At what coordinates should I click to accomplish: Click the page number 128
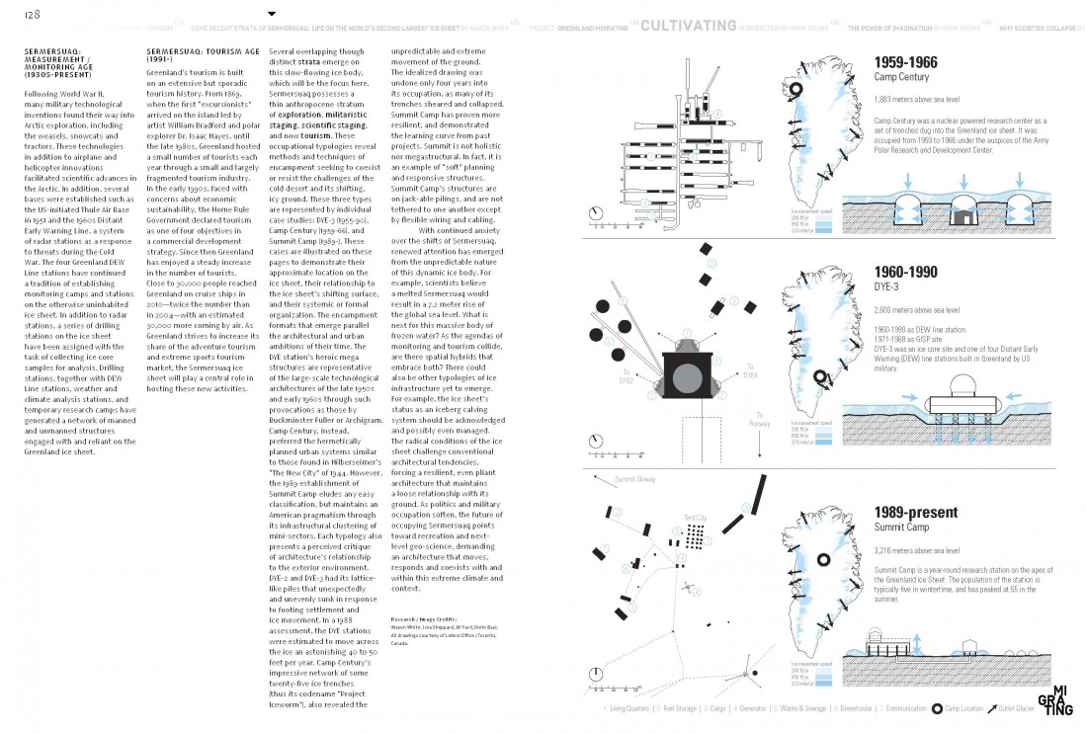(19, 13)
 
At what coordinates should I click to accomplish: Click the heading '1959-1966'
(905, 62)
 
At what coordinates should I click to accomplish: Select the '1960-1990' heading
(905, 272)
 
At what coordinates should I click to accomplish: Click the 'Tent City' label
(695, 518)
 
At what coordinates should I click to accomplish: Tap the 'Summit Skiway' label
(635, 479)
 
